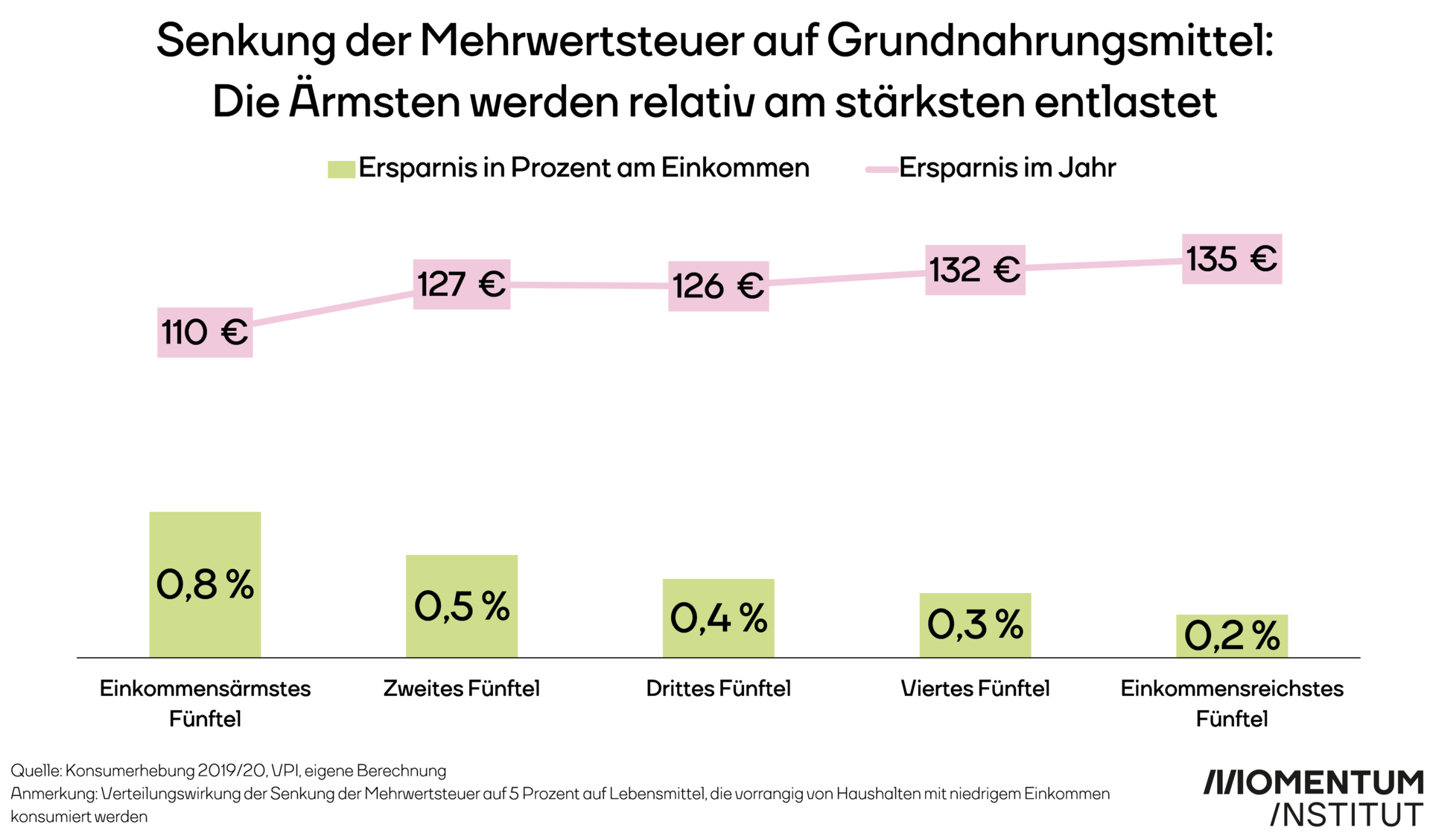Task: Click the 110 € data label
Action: [205, 332]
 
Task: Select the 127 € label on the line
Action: [462, 284]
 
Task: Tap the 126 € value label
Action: [718, 286]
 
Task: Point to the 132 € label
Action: [975, 270]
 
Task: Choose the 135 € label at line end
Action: [1232, 259]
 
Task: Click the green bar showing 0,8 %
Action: [205, 584]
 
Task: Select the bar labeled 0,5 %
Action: [462, 606]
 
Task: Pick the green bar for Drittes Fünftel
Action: [718, 618]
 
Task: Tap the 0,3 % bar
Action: [975, 624]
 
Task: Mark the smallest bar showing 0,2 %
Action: [1232, 636]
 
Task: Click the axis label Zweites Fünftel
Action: [462, 688]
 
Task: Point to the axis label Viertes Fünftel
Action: [975, 688]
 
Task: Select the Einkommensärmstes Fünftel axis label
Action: [205, 703]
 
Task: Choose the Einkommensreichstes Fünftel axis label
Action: [1232, 703]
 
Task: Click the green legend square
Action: [341, 169]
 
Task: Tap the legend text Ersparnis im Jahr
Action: [1007, 168]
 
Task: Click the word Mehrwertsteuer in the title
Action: [582, 41]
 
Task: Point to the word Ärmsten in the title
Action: [375, 101]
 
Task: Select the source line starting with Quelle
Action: [228, 770]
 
